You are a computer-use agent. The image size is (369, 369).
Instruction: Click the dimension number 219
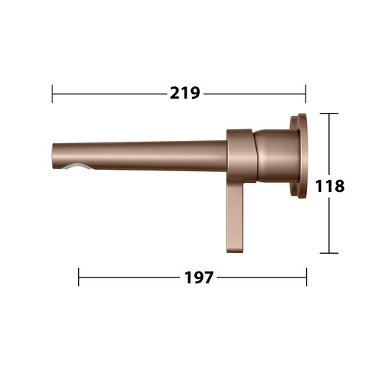click(x=185, y=93)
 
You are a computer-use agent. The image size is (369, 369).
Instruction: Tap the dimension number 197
click(x=199, y=277)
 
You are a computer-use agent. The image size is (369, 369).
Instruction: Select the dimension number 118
click(x=330, y=186)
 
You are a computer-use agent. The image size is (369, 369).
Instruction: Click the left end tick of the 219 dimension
click(x=52, y=94)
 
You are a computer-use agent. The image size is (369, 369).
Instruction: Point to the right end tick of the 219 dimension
click(x=306, y=94)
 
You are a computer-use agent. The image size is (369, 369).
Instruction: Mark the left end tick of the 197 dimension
click(x=79, y=277)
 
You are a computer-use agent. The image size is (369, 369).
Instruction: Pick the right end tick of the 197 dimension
click(x=307, y=277)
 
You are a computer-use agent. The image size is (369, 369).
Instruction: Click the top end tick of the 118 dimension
click(x=329, y=114)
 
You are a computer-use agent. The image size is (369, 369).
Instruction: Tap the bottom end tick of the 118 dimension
click(x=329, y=253)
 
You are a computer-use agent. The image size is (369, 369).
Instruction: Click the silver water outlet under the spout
click(x=78, y=166)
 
